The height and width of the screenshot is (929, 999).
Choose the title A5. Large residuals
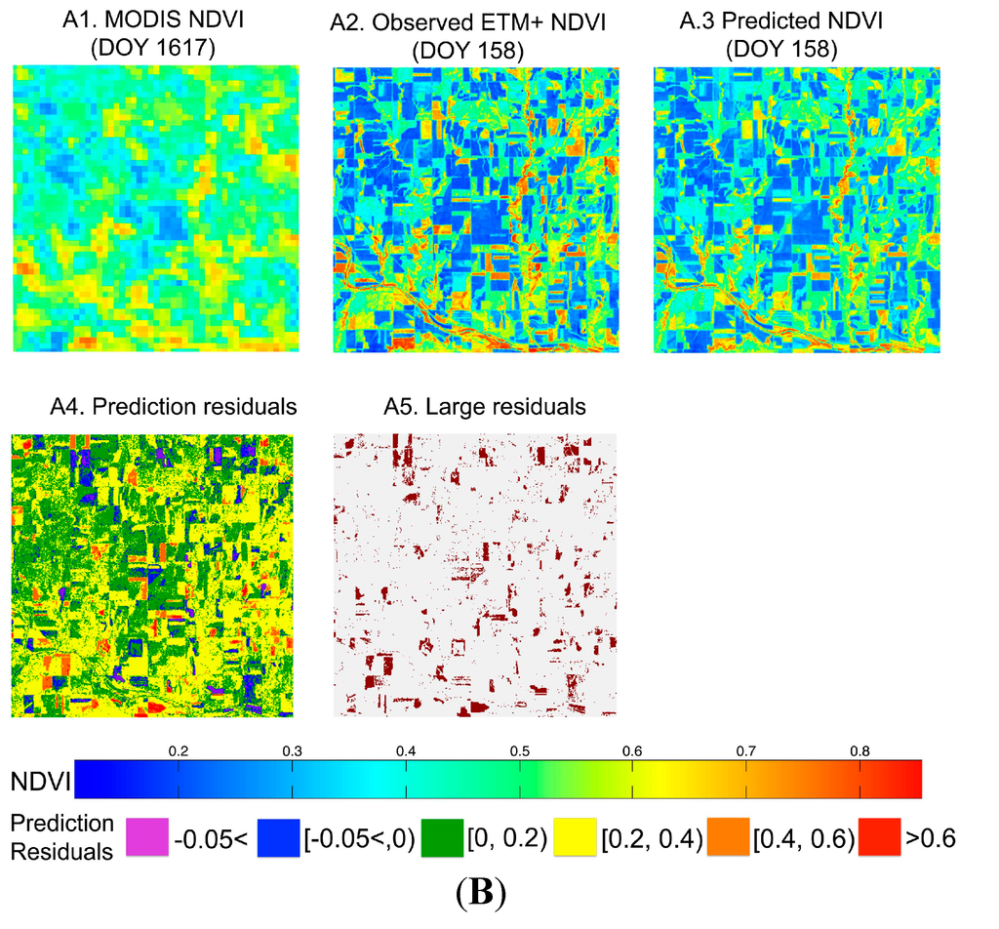473,407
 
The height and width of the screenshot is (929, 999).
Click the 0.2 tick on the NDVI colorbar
178,752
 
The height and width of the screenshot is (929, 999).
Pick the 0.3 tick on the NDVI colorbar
292,752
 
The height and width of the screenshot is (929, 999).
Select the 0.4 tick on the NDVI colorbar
406,752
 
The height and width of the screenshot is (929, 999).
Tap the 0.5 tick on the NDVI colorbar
519,752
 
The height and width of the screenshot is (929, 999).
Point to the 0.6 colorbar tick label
632,752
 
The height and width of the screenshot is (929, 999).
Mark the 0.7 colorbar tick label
746,752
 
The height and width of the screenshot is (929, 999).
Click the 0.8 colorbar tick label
859,752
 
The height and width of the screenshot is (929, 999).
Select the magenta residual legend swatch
147,838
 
